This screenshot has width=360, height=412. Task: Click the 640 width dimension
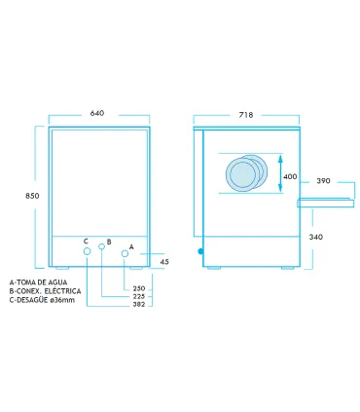[x=97, y=113]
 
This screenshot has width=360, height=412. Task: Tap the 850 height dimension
[x=32, y=196]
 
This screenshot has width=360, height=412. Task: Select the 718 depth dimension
[x=246, y=115]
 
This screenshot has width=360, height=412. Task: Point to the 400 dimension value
[x=290, y=176]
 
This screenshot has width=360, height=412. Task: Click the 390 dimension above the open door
[x=323, y=181]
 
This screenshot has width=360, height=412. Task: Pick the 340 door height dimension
[x=315, y=237]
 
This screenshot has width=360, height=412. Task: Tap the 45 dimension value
[x=164, y=261]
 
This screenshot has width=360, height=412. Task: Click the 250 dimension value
[x=139, y=288]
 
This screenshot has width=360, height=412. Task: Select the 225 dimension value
[x=139, y=296]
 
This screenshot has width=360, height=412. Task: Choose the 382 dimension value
[x=139, y=304]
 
